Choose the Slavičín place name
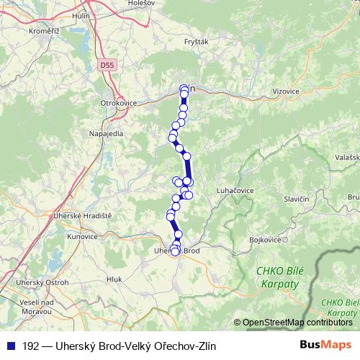click(x=296, y=198)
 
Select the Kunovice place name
click(x=81, y=236)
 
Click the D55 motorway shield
click(x=107, y=65)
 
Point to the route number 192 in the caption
click(x=30, y=346)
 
